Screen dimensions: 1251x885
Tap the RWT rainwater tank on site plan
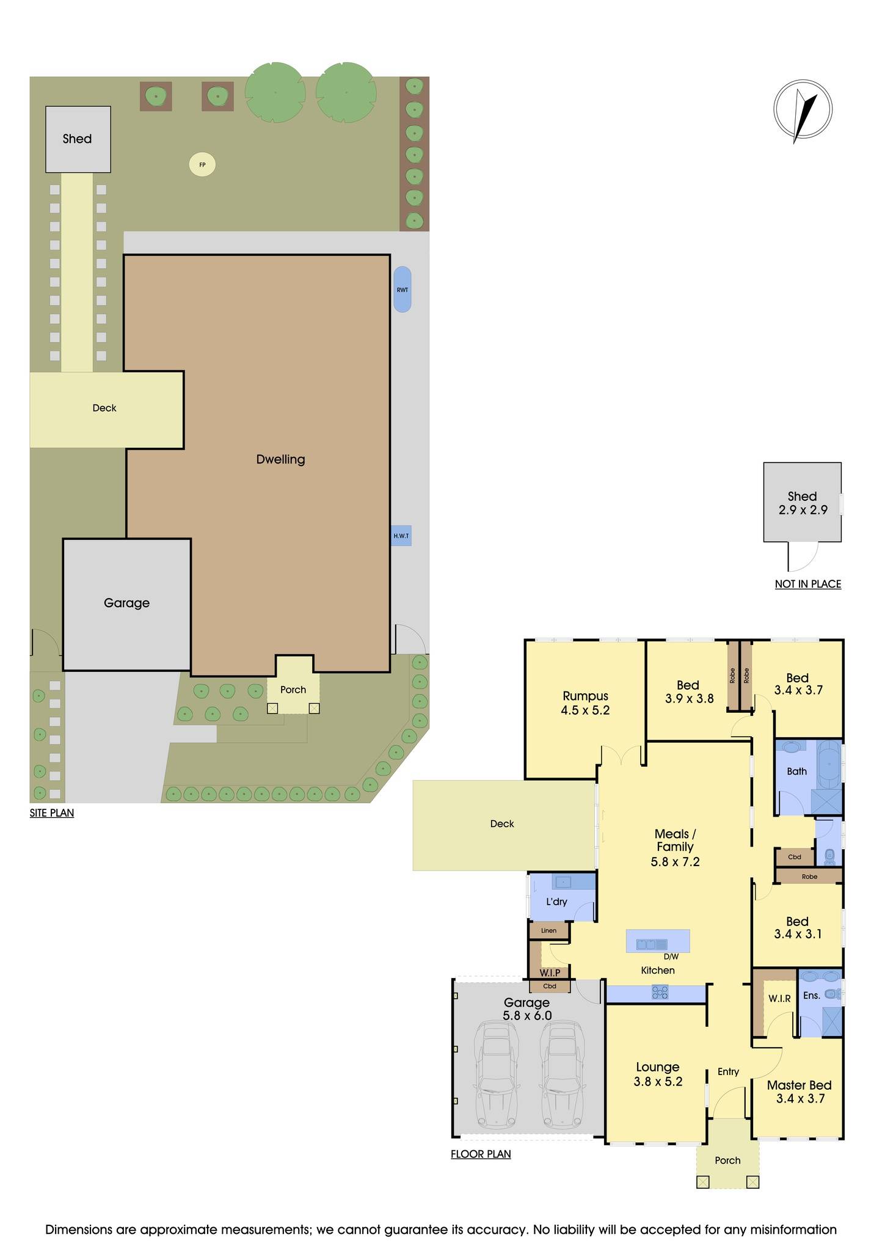point(402,290)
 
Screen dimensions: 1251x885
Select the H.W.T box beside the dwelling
point(401,536)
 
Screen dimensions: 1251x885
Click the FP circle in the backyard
point(202,164)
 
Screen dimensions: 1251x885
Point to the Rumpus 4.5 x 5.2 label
point(585,702)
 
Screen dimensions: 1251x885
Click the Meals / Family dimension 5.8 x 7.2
point(675,862)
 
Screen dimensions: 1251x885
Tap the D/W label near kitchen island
point(671,957)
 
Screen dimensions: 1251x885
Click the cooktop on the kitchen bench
point(659,993)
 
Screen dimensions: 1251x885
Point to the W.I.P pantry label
point(550,972)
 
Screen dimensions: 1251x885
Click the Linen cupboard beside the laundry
point(548,930)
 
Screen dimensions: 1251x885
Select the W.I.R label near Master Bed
point(779,999)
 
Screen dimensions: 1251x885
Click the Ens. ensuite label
point(811,996)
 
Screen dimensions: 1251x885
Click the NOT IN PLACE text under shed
point(807,584)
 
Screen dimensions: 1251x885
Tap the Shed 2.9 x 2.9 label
point(802,503)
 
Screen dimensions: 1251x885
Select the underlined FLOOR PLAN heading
point(481,1154)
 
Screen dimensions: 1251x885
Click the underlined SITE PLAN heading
point(52,813)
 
